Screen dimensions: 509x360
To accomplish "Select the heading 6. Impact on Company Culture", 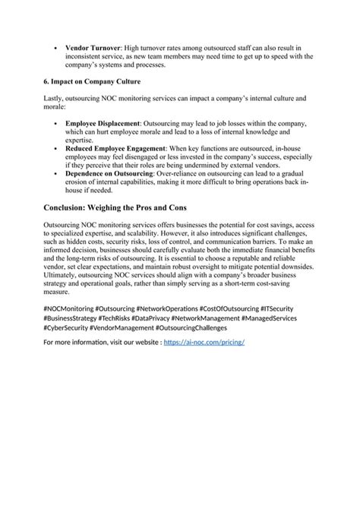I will (93, 81).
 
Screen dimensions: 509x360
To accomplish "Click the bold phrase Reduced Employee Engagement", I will (115, 147).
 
